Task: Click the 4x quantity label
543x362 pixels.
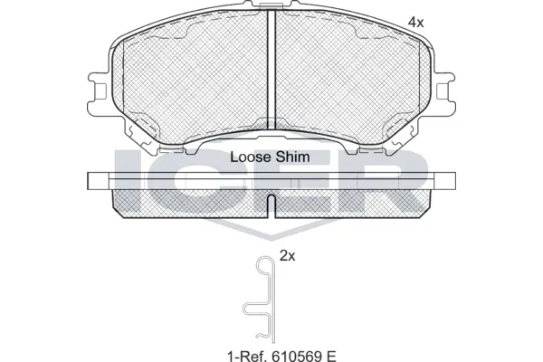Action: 415,21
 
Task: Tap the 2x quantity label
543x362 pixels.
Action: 288,256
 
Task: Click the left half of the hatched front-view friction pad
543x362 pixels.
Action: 190,81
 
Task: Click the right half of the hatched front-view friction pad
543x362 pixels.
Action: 353,81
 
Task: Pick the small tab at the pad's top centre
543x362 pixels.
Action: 271,10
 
